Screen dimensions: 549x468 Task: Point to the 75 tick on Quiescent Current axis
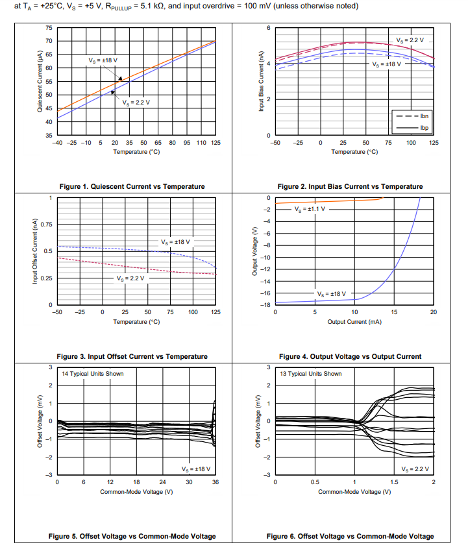49,29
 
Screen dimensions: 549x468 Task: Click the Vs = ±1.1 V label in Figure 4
308,210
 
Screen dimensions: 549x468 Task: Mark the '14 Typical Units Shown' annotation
92,374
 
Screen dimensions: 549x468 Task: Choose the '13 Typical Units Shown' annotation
310,374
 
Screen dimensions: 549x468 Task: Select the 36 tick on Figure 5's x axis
215,482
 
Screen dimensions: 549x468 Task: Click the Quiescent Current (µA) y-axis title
40,82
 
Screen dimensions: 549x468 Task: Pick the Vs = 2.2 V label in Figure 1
136,103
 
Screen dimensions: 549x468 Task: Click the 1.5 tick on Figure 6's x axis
394,482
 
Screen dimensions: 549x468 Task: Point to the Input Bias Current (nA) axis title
260,82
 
